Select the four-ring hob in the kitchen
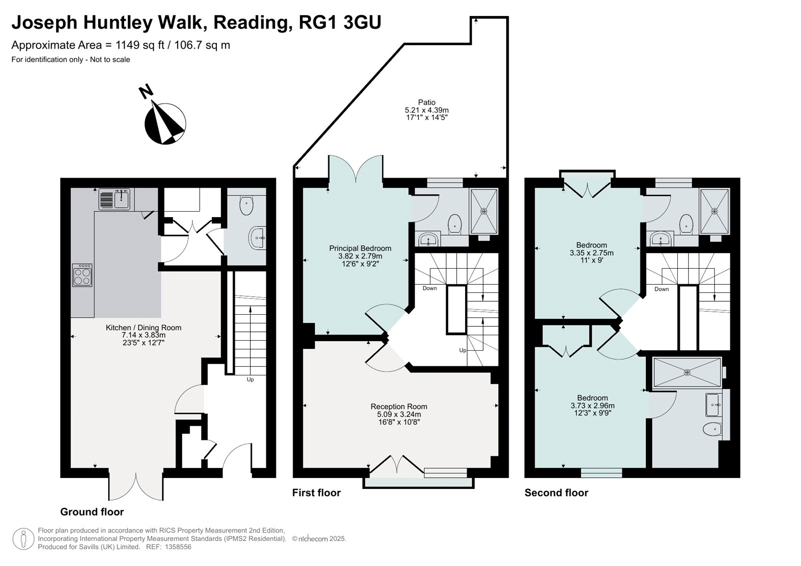pyautogui.click(x=82, y=275)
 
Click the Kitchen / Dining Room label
pyautogui.click(x=143, y=327)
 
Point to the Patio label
pyautogui.click(x=427, y=102)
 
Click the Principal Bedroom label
pyautogui.click(x=360, y=248)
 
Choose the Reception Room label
pyautogui.click(x=398, y=406)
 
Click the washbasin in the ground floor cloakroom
pyautogui.click(x=257, y=237)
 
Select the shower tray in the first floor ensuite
pyautogui.click(x=484, y=211)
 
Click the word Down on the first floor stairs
pyautogui.click(x=430, y=288)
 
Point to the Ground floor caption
pyautogui.click(x=92, y=512)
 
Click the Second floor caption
pyautogui.click(x=556, y=493)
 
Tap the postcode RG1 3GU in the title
pyautogui.click(x=340, y=23)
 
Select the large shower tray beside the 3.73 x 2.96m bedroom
pyautogui.click(x=687, y=372)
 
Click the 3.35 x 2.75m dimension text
pyautogui.click(x=591, y=253)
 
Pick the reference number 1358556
pyautogui.click(x=178, y=546)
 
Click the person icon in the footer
pyautogui.click(x=24, y=539)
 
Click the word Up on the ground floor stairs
pyautogui.click(x=250, y=379)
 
